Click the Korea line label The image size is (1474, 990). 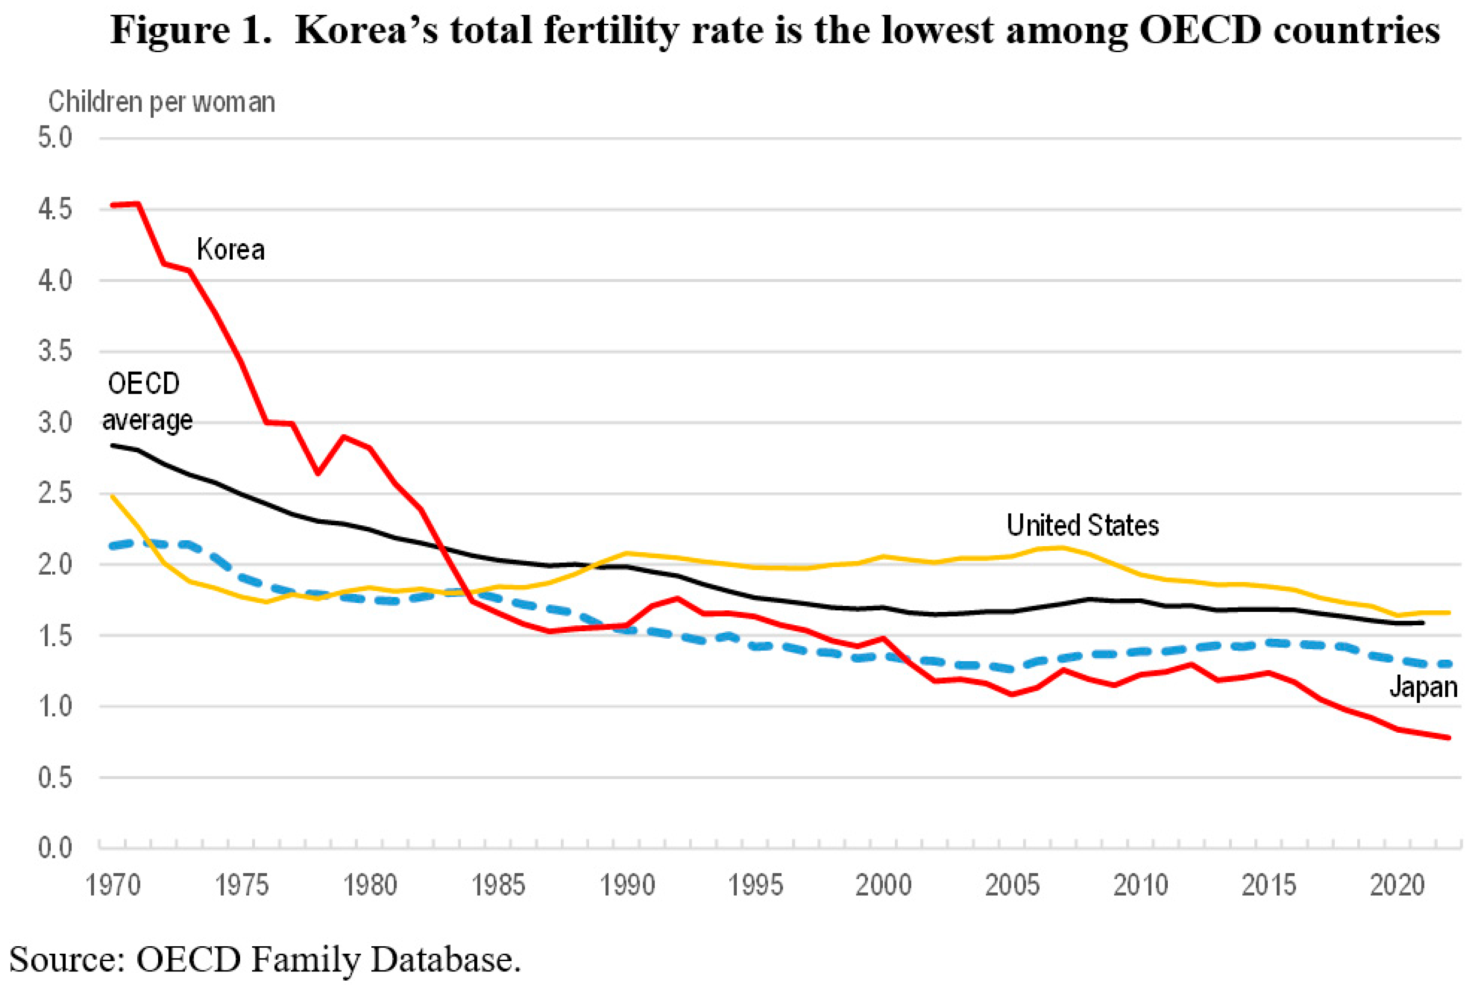tap(230, 250)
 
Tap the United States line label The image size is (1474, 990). tap(1083, 526)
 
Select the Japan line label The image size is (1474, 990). tap(1423, 687)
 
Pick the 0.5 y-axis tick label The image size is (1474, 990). tap(55, 778)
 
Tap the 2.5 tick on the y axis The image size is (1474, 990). tap(55, 494)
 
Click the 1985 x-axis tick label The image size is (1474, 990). tap(498, 886)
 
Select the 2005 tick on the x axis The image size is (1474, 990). tap(1012, 886)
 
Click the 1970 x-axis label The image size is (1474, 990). tap(113, 886)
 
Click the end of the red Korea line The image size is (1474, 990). tap(1449, 737)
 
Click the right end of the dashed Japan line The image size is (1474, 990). tap(1449, 663)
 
